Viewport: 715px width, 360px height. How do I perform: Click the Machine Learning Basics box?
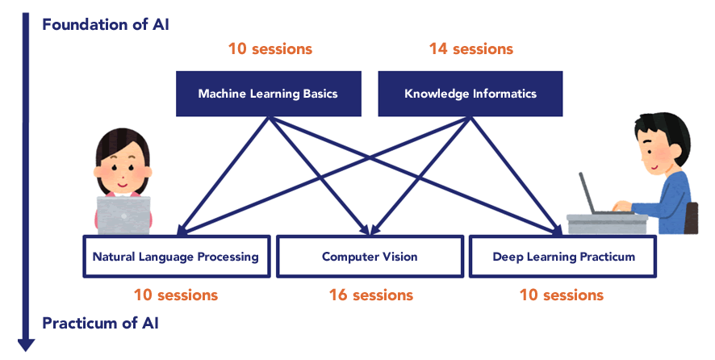coord(269,94)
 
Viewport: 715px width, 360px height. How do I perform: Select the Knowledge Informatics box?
coord(470,94)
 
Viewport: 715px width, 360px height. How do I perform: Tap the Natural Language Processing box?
coord(177,257)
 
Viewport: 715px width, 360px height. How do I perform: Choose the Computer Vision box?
coord(370,257)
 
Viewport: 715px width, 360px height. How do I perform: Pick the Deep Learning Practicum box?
coord(563,257)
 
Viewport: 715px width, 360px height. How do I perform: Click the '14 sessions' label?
coord(471,48)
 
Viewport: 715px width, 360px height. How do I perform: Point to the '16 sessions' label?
coord(371,295)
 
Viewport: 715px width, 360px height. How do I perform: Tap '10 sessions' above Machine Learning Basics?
coord(270,48)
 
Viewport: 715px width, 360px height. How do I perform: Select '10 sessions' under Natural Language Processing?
coord(176,295)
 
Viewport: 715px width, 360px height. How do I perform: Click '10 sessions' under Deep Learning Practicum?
coord(562,295)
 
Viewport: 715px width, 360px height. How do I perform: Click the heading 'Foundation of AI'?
coord(106,24)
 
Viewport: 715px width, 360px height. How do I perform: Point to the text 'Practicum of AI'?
coord(100,323)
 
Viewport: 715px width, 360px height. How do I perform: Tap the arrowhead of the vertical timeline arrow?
coord(26,345)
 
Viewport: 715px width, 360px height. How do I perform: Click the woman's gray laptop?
coord(123,216)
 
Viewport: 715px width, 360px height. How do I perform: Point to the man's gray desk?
coord(608,224)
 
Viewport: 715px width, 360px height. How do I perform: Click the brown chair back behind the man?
coord(692,218)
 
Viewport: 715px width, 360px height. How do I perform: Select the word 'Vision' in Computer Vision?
coord(400,257)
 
